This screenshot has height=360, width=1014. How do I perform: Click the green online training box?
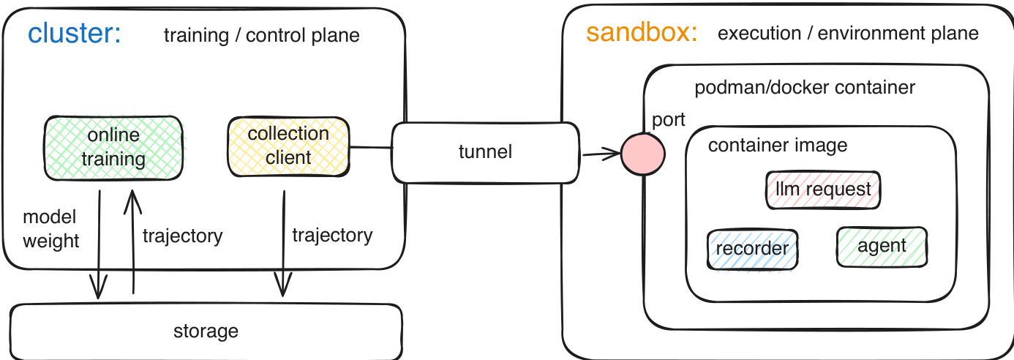point(113,147)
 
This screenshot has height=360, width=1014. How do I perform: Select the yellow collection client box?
point(288,146)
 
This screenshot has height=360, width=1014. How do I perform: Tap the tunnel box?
point(485,152)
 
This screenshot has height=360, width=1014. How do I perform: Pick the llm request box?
point(823,190)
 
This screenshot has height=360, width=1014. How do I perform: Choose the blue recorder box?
point(752,249)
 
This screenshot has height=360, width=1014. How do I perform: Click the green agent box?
point(882,246)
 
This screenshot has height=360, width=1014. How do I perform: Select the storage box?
point(206,331)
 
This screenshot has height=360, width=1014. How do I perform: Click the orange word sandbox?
point(642,33)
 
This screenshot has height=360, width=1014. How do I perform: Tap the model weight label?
point(51,229)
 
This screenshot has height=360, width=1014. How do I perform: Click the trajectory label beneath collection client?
point(332,235)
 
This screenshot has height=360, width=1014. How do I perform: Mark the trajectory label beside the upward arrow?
point(182,236)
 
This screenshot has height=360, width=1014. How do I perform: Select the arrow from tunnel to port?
point(601,154)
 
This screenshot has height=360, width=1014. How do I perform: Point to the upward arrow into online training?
point(132,241)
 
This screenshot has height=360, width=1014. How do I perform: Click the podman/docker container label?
point(804,88)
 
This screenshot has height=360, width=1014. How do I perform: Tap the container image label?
point(777,145)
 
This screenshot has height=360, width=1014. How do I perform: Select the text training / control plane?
point(261,35)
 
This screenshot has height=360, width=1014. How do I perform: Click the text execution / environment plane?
point(848,33)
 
